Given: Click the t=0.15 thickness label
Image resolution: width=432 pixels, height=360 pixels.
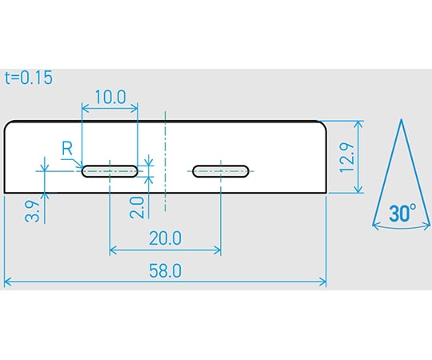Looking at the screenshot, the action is tap(29, 78).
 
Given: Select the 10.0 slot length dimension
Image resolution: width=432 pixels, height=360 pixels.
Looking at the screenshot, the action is tap(110, 97).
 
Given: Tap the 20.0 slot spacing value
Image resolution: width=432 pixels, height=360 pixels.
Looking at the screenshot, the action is tap(166, 238).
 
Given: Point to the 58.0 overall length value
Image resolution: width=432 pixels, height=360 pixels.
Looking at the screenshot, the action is tap(166, 270).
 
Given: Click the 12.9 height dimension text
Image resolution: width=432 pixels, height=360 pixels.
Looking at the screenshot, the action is tap(347, 158).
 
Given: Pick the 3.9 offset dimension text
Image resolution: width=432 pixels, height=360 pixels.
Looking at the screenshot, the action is tap(32, 211).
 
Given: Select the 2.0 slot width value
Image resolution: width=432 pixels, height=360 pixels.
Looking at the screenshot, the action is tap(137, 207).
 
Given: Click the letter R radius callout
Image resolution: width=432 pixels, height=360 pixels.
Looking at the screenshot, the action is tap(67, 148).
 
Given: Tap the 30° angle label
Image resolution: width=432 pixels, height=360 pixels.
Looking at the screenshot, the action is tap(402, 213).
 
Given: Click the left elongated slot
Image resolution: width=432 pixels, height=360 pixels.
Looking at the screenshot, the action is tap(110, 171).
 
